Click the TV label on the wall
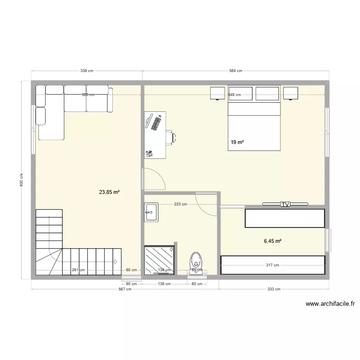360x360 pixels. tap(286, 204)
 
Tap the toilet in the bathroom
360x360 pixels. tap(196, 262)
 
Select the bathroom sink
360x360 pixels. tap(151, 212)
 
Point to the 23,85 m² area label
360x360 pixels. tap(109, 192)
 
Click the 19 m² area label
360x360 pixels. tap(237, 143)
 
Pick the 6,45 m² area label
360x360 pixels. tap(273, 241)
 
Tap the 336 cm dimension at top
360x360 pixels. tap(86, 71)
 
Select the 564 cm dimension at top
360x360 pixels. tap(235, 71)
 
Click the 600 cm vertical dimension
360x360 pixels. tap(22, 180)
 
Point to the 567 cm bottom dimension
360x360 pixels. tap(125, 289)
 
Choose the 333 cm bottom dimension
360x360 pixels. tap(274, 289)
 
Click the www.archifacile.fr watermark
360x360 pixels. tap(330, 303)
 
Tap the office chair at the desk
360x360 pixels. tap(170, 137)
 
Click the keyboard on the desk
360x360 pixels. tap(156, 123)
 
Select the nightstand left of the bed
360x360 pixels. tap(217, 93)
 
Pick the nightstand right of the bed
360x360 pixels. tap(290, 93)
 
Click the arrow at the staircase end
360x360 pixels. tap(116, 262)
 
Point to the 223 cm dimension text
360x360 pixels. tap(180, 204)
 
